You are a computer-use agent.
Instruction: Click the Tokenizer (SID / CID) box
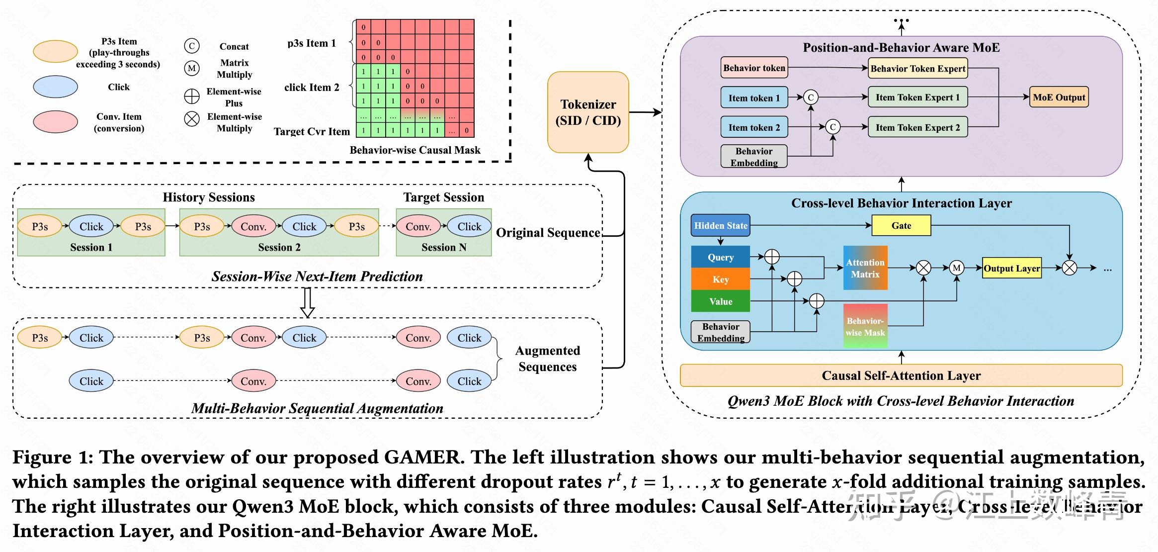click(588, 112)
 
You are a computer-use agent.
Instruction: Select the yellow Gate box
click(901, 226)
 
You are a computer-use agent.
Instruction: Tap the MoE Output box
click(1059, 97)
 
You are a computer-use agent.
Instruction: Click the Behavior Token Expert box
click(917, 69)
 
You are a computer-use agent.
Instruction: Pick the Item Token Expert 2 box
click(917, 127)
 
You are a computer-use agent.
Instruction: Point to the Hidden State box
click(720, 226)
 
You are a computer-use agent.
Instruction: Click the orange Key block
click(720, 279)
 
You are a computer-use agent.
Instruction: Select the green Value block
click(720, 301)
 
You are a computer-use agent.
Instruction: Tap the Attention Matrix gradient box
click(865, 268)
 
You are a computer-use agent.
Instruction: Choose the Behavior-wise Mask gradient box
click(865, 326)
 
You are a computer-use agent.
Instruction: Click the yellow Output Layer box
click(1011, 269)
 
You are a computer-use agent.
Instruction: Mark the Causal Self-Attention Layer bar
click(901, 375)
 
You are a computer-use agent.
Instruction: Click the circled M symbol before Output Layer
click(956, 268)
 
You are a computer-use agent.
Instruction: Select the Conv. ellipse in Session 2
click(253, 227)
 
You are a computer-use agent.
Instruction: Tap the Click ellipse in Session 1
click(91, 227)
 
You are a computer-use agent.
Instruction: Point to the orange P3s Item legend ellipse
click(55, 52)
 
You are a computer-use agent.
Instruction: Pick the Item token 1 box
click(754, 98)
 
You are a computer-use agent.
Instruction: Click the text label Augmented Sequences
click(547, 359)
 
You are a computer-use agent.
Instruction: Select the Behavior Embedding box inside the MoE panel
click(753, 157)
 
